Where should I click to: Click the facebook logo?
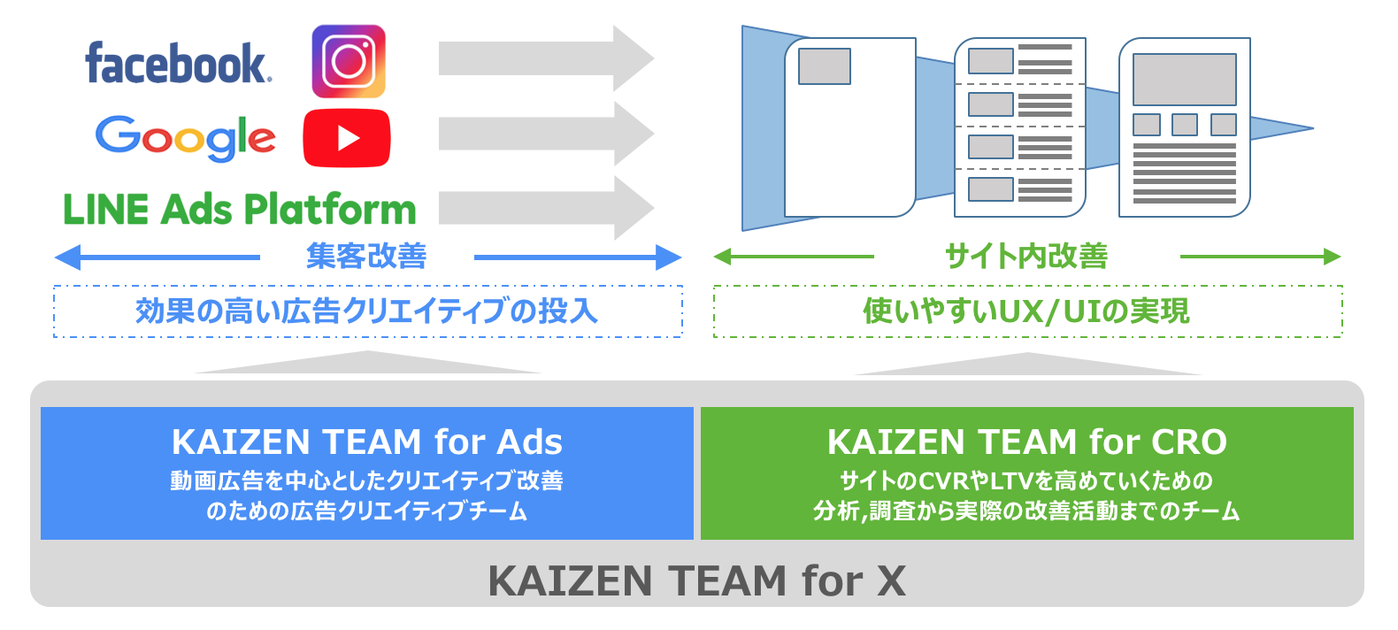click(x=178, y=63)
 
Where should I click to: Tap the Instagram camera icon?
click(x=349, y=61)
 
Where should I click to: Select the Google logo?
click(x=185, y=138)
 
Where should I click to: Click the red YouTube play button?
click(x=347, y=138)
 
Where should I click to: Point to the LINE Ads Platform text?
click(x=240, y=209)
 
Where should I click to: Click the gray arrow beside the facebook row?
click(x=546, y=58)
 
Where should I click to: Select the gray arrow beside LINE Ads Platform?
click(x=546, y=208)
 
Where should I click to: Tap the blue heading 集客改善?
click(x=366, y=257)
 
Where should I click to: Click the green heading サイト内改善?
click(x=1026, y=257)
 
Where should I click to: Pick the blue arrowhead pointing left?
click(x=67, y=257)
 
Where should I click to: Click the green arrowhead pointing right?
click(x=1333, y=257)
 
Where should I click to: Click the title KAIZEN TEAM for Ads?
click(x=367, y=442)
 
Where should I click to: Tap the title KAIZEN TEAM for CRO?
click(x=1027, y=442)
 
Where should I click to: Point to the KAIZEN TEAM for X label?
click(x=697, y=580)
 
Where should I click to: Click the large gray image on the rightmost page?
click(x=1185, y=80)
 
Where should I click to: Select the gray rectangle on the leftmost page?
click(x=825, y=66)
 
